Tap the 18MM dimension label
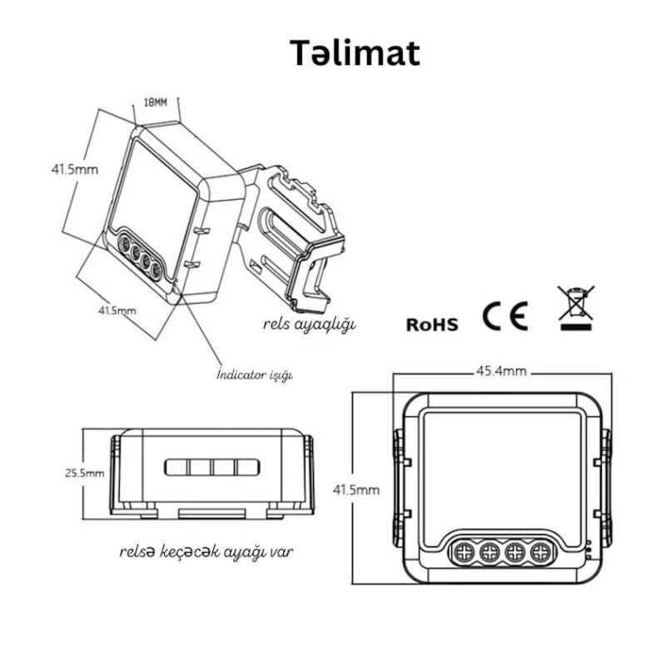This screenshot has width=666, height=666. click(156, 103)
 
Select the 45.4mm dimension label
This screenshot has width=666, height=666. click(500, 371)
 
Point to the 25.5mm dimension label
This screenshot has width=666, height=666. click(85, 472)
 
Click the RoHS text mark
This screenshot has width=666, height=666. click(432, 324)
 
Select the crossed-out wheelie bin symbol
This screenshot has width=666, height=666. click(576, 307)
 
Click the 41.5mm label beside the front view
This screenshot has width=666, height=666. click(357, 490)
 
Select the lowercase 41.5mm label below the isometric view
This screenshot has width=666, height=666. click(117, 311)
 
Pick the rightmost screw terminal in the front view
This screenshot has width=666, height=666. click(542, 550)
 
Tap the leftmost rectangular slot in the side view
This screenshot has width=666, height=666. click(176, 467)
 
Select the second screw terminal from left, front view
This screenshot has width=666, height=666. click(490, 550)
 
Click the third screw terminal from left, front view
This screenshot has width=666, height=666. click(516, 550)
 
